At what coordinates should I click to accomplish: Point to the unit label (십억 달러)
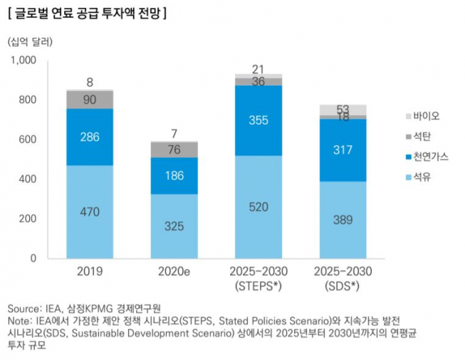[x=31, y=41]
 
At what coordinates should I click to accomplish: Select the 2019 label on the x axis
[x=90, y=271]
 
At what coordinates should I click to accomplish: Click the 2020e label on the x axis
[x=174, y=271]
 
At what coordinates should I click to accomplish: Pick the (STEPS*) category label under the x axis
[x=258, y=285]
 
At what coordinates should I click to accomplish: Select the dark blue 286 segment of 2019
[x=90, y=137]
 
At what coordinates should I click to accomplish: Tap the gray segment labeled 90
[x=90, y=100]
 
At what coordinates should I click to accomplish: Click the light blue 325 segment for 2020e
[x=174, y=226]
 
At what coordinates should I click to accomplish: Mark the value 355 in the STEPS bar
[x=258, y=120]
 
